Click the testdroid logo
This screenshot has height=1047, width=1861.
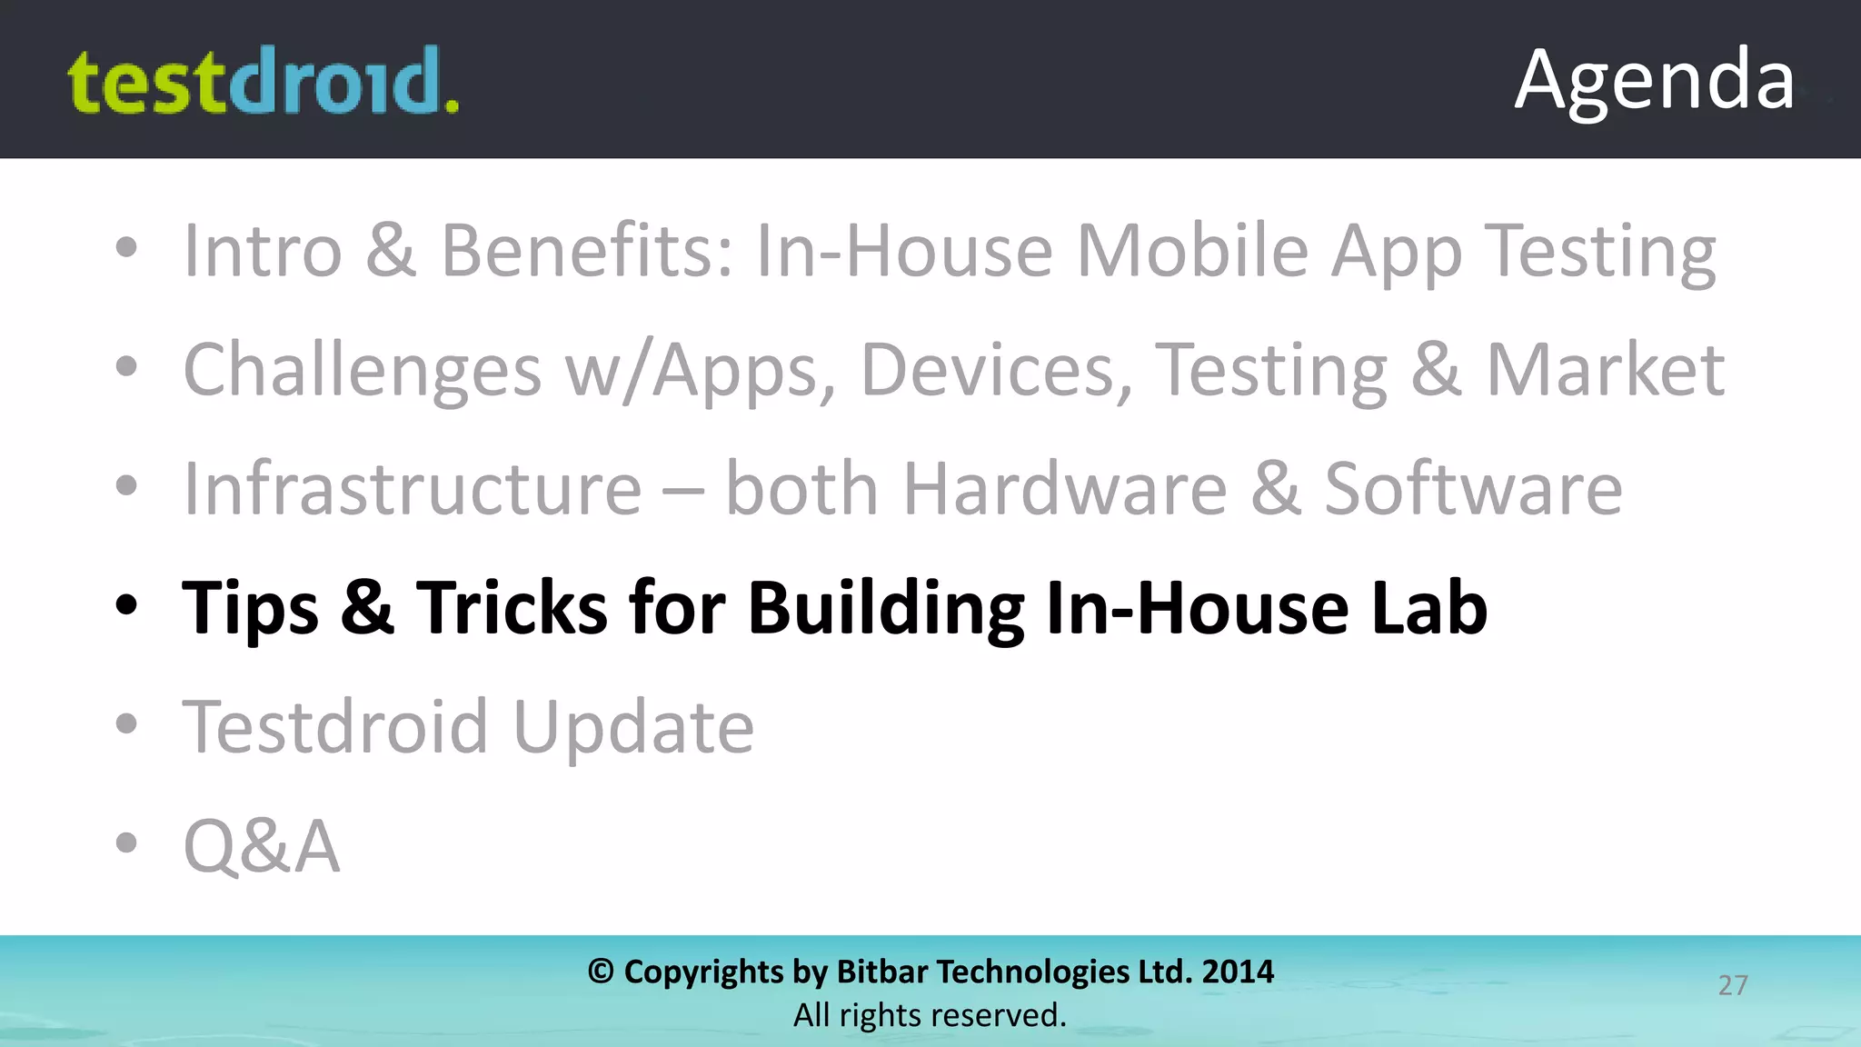(x=264, y=82)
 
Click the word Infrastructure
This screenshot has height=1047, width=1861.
(x=413, y=489)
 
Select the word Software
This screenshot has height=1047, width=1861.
(x=1472, y=489)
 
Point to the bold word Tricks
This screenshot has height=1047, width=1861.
(x=512, y=607)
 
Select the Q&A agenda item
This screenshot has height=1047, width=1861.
(x=262, y=846)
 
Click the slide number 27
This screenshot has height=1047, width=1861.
(x=1733, y=985)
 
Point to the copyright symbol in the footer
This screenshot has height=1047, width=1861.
(x=601, y=972)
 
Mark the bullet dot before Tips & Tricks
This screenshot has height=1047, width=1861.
(x=126, y=605)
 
